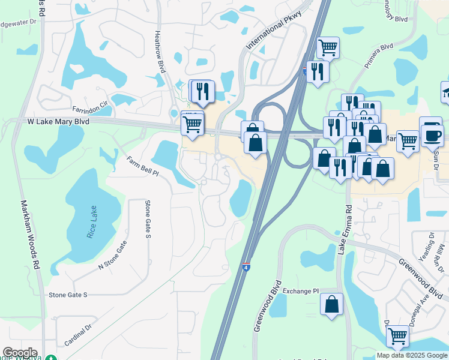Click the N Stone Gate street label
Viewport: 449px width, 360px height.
click(x=113, y=254)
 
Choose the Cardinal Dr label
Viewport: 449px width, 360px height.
click(x=78, y=335)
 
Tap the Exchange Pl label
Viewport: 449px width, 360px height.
click(x=300, y=291)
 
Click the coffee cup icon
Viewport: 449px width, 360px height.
click(x=432, y=134)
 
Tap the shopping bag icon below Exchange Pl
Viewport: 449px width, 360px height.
click(x=331, y=304)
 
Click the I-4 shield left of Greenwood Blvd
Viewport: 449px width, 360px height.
click(x=246, y=265)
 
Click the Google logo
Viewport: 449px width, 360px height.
click(x=20, y=353)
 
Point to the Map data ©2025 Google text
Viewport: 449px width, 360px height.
click(x=412, y=355)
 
